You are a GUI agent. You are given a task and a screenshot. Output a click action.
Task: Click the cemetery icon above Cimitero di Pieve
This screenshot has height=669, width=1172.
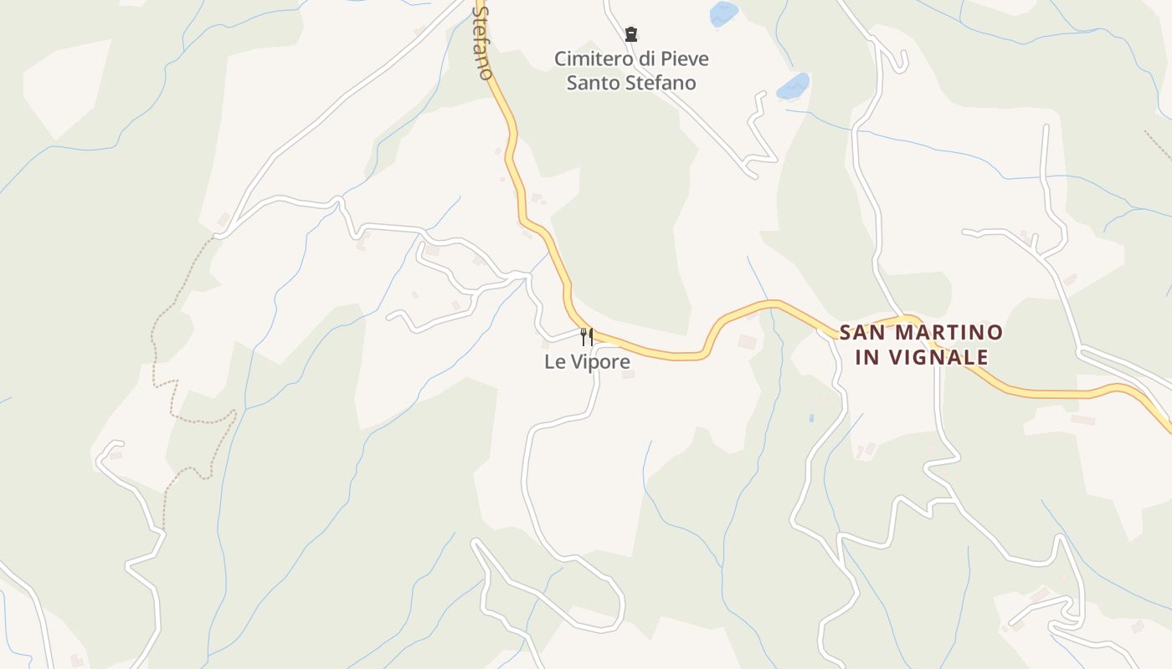point(631,34)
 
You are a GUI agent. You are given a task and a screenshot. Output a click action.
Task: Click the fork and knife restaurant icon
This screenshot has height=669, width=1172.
point(587,336)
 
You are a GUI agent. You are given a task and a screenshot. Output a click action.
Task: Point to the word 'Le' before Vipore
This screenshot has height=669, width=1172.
point(553,362)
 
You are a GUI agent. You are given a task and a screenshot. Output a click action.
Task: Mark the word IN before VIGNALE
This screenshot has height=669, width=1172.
point(870,358)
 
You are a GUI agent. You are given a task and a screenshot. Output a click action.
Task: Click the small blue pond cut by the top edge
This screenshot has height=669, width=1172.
point(724,13)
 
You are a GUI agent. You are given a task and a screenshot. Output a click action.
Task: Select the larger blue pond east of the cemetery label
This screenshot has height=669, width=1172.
point(793,85)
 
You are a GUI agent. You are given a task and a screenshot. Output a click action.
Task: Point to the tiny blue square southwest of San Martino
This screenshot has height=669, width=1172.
point(811,417)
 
